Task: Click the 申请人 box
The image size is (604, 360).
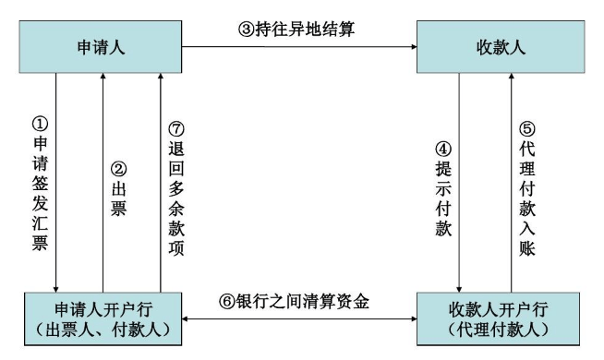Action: tap(97, 42)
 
